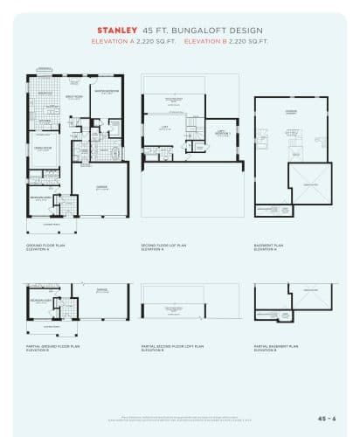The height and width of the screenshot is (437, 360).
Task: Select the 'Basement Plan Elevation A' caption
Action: pyautogui.click(x=268, y=247)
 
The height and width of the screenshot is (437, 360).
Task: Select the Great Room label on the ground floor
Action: pyautogui.click(x=74, y=98)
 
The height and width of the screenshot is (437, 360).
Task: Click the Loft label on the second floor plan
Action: pyautogui.click(x=163, y=128)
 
